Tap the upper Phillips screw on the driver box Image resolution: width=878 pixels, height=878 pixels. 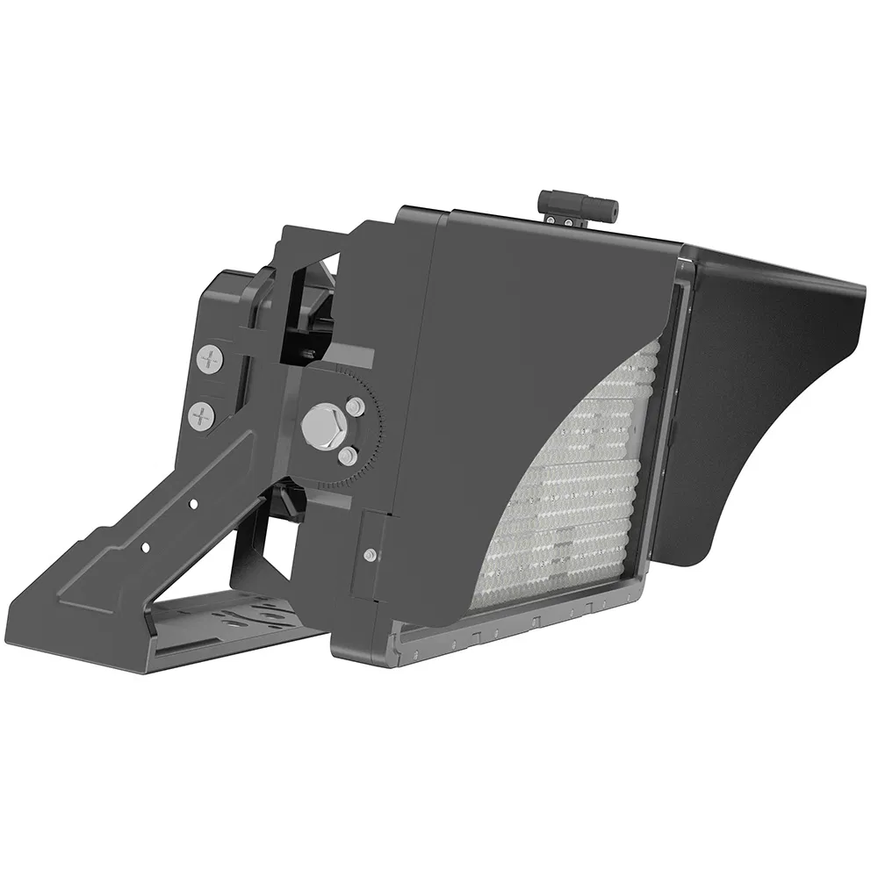pyautogui.click(x=209, y=358)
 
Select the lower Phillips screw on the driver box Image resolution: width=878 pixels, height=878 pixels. pyautogui.click(x=202, y=416)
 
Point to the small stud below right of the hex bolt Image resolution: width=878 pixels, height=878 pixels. pyautogui.click(x=349, y=456)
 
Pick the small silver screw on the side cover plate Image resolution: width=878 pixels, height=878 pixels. pyautogui.click(x=371, y=554)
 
